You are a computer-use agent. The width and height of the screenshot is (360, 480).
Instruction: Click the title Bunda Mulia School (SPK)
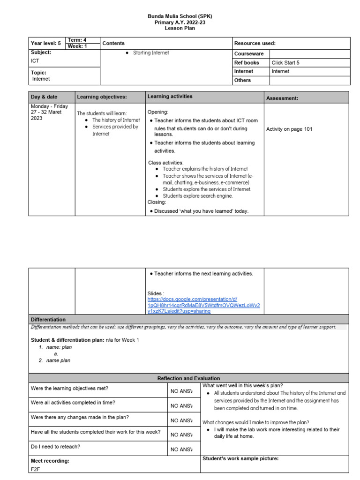click(x=180, y=16)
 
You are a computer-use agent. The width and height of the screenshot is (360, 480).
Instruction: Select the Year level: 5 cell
click(x=46, y=43)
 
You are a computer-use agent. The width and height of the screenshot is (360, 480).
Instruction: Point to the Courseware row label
click(x=249, y=54)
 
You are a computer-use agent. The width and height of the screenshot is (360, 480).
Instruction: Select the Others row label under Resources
click(x=242, y=80)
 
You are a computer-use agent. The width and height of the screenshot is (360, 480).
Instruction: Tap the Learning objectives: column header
click(x=102, y=97)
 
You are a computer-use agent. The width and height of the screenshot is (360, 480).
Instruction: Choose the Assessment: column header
click(x=282, y=98)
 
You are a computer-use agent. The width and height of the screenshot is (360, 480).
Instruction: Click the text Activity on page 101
click(x=289, y=129)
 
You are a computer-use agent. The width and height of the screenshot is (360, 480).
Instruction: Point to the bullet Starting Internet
click(x=151, y=53)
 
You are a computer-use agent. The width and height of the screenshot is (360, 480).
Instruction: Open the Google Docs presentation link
click(x=203, y=305)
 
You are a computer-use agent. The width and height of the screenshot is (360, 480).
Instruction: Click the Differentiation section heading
click(x=48, y=319)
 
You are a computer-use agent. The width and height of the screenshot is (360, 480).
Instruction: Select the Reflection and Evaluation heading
click(x=188, y=378)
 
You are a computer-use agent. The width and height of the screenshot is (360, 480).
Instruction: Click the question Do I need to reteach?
click(x=55, y=447)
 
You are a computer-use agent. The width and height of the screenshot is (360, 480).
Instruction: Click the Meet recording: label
click(x=50, y=461)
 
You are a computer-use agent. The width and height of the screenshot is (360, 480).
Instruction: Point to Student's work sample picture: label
click(x=240, y=458)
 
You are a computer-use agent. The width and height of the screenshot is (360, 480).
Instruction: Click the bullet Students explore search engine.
click(x=197, y=196)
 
